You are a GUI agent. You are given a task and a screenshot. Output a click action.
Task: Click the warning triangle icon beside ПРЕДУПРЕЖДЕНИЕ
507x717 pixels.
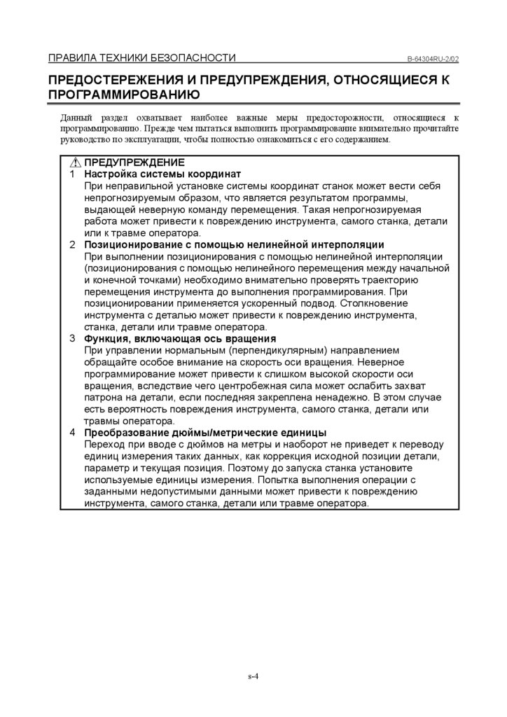point(76,162)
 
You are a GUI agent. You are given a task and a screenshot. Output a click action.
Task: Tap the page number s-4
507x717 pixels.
point(253,676)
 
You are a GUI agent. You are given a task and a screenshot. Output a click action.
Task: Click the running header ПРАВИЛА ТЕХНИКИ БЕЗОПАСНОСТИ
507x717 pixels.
point(141,58)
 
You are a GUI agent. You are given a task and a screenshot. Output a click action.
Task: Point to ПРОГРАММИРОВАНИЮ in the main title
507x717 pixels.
point(124,95)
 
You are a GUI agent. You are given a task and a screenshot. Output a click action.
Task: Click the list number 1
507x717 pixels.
point(72,174)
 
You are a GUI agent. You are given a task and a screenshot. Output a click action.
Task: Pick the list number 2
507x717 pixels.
point(72,244)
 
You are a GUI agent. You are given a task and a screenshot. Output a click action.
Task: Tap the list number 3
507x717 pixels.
point(72,339)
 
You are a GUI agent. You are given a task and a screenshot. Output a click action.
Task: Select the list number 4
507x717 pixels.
point(72,433)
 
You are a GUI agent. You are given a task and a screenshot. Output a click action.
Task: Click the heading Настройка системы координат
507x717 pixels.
point(162,174)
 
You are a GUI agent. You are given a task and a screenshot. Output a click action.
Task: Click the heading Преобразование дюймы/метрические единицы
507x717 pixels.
point(205,433)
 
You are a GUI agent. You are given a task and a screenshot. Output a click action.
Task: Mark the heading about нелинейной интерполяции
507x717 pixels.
point(234,244)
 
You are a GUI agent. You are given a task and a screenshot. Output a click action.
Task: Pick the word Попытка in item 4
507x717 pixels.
point(277,480)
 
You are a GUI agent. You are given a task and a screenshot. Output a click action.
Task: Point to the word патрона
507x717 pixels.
point(103,398)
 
